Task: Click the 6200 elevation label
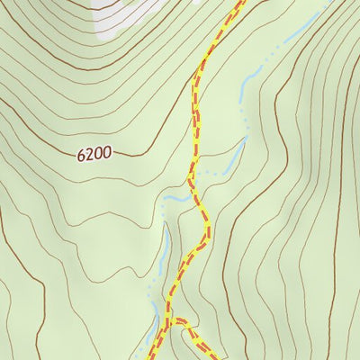(x=94, y=154)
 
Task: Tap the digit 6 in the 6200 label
(x=82, y=154)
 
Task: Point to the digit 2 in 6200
(x=90, y=154)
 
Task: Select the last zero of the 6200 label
(x=107, y=154)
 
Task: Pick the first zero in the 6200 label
(x=98, y=154)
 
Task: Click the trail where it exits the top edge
(x=241, y=2)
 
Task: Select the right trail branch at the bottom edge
(x=209, y=357)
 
